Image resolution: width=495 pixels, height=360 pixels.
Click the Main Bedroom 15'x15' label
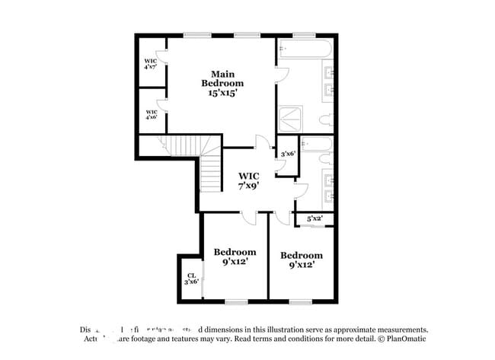click(x=222, y=83)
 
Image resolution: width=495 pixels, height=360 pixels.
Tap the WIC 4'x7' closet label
click(x=151, y=64)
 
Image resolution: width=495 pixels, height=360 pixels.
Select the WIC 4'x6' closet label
click(x=151, y=114)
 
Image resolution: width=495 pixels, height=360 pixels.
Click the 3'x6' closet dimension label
click(x=288, y=154)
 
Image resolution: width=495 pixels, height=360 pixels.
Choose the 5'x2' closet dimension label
click(x=315, y=218)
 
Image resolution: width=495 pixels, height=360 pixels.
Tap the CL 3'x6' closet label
click(x=190, y=278)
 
